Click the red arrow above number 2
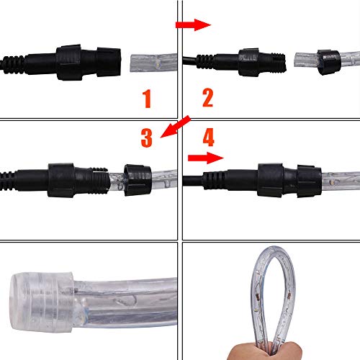pyautogui.click(x=193, y=25)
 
